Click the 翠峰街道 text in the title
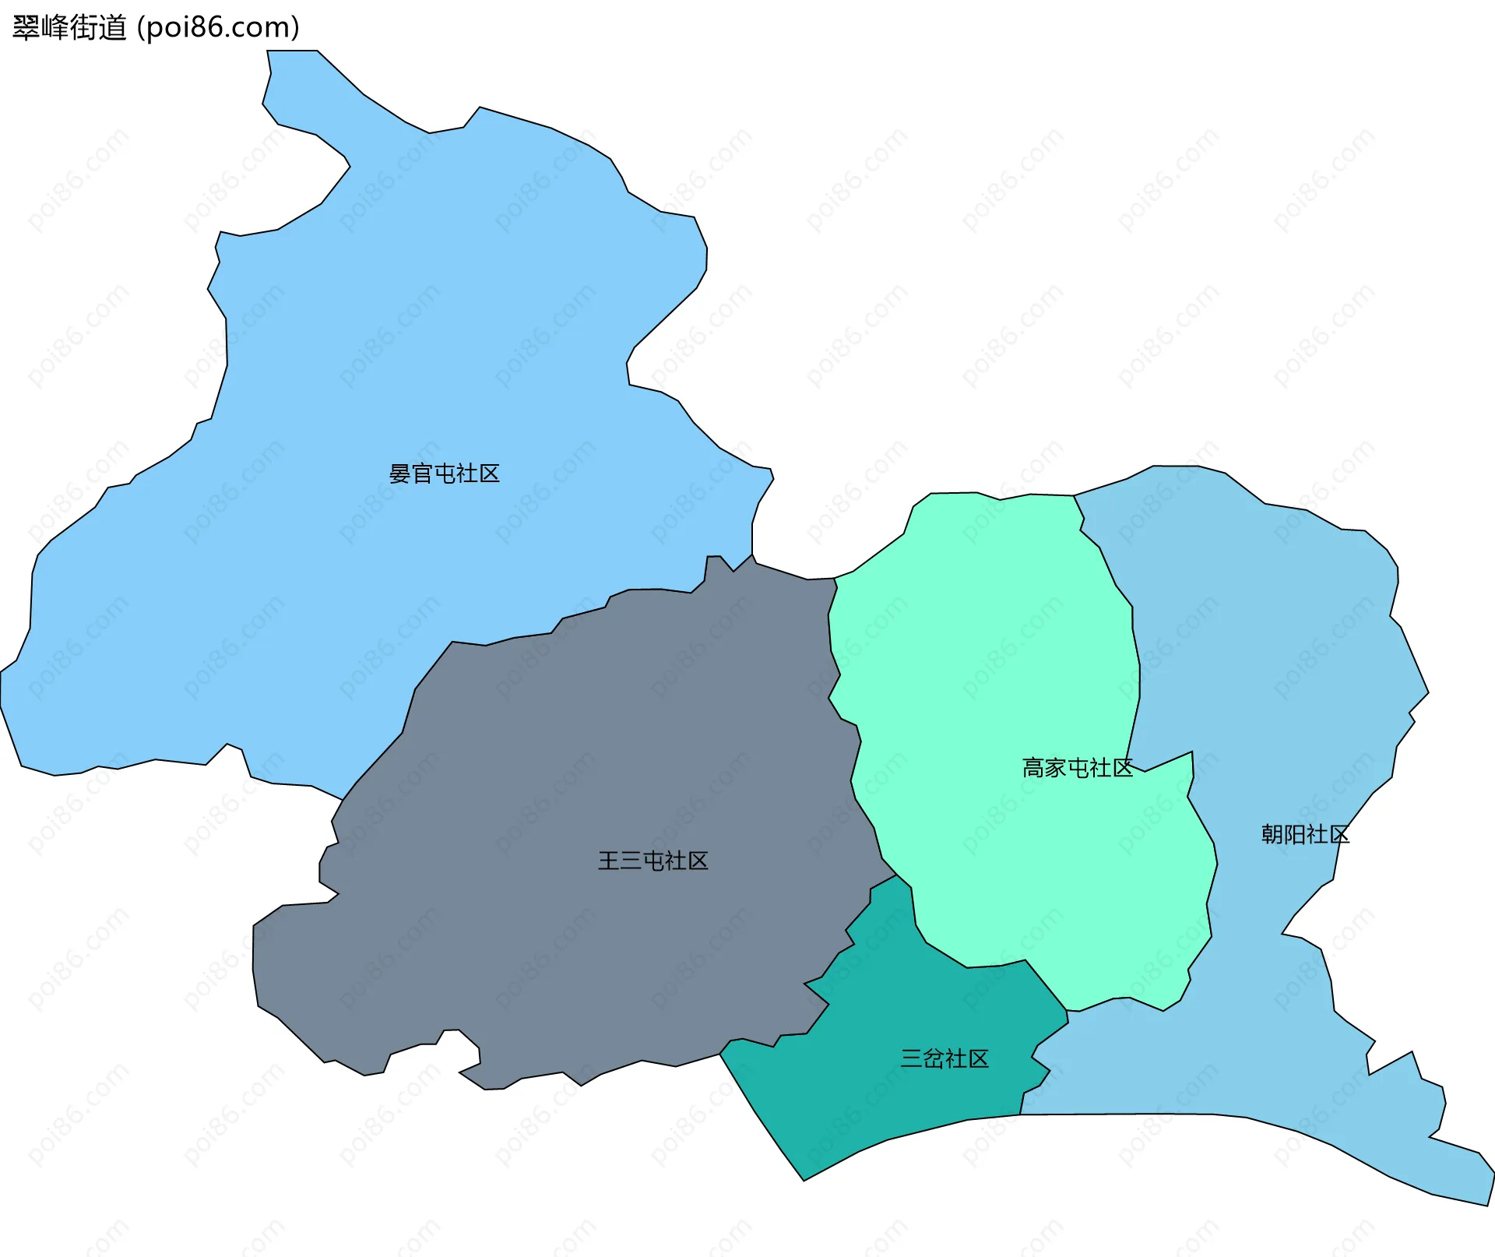pyautogui.click(x=69, y=28)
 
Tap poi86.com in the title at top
pyautogui.click(x=218, y=28)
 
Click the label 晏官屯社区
pyautogui.click(x=444, y=474)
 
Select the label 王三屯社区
pyautogui.click(x=653, y=861)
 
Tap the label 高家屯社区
pyautogui.click(x=1077, y=768)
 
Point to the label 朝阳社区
pyautogui.click(x=1305, y=835)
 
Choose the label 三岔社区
pyautogui.click(x=944, y=1058)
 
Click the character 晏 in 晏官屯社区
pyautogui.click(x=399, y=474)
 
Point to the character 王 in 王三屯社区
pyautogui.click(x=608, y=861)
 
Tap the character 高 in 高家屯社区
pyautogui.click(x=1032, y=768)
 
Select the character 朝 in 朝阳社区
pyautogui.click(x=1272, y=835)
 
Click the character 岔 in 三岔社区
pyautogui.click(x=933, y=1058)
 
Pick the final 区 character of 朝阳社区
pyautogui.click(x=1339, y=835)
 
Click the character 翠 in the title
pyautogui.click(x=26, y=28)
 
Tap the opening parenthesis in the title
pyautogui.click(x=140, y=28)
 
